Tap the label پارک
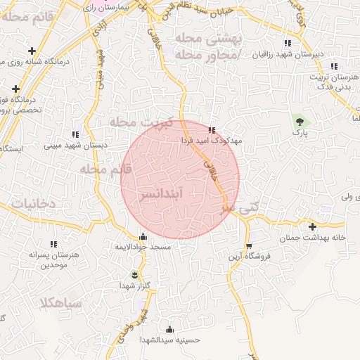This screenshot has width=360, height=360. [x=301, y=132]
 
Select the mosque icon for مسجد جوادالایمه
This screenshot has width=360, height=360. [x=143, y=237]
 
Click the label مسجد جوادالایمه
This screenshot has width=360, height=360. [x=143, y=248]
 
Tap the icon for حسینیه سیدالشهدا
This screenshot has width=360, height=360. [x=169, y=329]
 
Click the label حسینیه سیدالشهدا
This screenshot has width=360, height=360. [x=169, y=340]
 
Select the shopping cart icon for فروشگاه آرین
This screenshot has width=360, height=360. [x=249, y=245]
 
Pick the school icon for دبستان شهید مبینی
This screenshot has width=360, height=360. [x=75, y=134]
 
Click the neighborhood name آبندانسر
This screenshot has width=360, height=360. [x=181, y=191]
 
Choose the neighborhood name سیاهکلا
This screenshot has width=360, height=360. [x=62, y=304]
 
